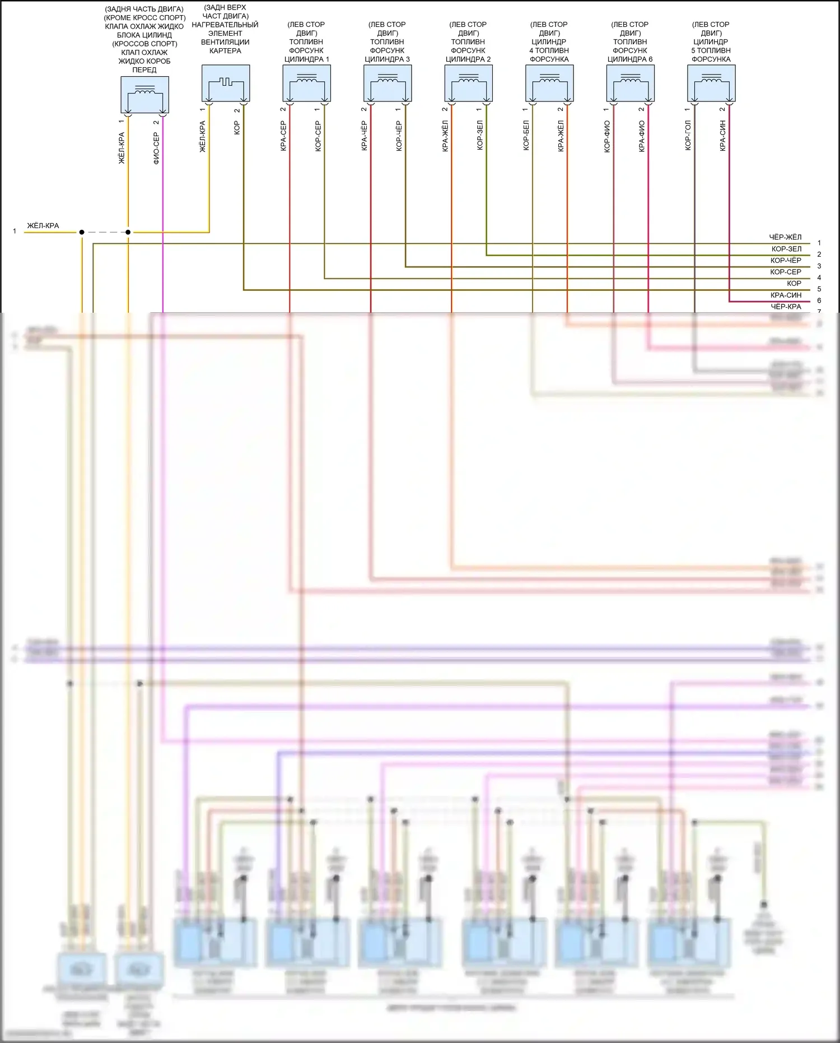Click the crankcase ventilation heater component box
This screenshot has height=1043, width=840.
[x=226, y=83]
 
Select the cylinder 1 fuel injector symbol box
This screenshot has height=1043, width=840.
[x=306, y=83]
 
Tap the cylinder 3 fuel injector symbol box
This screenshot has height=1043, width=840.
[x=388, y=83]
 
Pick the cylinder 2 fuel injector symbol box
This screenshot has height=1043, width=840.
[x=468, y=83]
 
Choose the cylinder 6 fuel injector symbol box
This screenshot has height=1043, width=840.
[x=630, y=83]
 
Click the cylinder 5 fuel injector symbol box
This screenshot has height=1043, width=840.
[x=711, y=83]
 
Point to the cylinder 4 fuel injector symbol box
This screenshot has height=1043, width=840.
[x=549, y=83]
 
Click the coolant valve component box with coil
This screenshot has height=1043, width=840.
[x=144, y=95]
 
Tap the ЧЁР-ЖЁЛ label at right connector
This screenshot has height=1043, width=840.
[x=785, y=237]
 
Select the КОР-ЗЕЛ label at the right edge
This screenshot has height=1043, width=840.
[x=786, y=249]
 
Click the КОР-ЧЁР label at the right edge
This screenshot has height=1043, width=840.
[x=786, y=261]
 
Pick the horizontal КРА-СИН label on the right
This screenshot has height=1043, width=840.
[x=786, y=295]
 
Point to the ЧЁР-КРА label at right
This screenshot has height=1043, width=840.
[x=786, y=307]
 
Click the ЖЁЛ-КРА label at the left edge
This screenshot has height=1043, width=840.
[x=43, y=226]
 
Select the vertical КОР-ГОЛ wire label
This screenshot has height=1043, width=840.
[x=688, y=136]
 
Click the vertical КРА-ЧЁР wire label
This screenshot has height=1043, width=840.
[x=364, y=136]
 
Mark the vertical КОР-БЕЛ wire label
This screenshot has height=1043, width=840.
[x=526, y=136]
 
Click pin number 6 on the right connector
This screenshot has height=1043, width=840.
[x=819, y=301]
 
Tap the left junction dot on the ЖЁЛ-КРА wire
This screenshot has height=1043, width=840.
[x=82, y=232]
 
